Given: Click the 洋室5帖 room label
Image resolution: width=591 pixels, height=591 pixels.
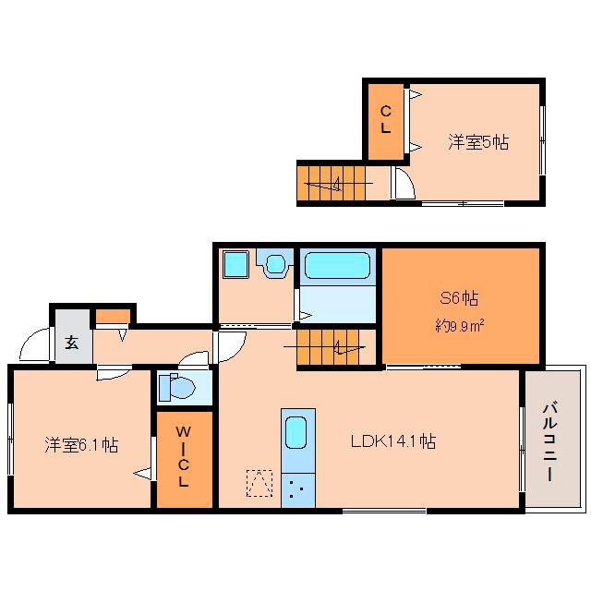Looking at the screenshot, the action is click(478, 142).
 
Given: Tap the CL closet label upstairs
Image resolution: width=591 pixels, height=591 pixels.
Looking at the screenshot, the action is click(385, 119).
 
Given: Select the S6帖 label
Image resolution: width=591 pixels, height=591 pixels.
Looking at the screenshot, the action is click(459, 298).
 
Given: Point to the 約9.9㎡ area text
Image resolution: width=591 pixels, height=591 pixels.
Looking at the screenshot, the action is click(460, 325).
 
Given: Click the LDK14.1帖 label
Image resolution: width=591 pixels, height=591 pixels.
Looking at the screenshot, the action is click(393, 441).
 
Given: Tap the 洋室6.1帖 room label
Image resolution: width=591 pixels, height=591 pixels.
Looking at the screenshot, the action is click(81, 445).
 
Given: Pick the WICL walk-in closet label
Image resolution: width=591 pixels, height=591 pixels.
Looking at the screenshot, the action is click(184, 456).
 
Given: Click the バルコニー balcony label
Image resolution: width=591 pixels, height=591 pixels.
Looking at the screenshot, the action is click(550, 441).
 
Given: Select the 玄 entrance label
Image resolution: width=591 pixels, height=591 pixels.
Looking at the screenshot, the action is click(72, 343).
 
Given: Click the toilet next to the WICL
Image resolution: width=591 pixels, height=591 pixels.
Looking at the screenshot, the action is click(176, 387).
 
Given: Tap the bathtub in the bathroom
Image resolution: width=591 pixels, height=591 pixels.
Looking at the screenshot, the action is click(337, 265).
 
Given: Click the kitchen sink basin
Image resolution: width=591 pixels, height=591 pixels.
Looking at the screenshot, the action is click(295, 432).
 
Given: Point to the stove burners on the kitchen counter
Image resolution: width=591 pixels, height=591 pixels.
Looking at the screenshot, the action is click(297, 490).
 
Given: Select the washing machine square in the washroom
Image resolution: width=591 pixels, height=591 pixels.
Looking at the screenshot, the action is click(236, 264).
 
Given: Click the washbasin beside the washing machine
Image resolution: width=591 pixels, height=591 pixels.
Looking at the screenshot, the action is click(275, 264).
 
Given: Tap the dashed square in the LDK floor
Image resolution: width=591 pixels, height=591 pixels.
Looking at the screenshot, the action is click(259, 483).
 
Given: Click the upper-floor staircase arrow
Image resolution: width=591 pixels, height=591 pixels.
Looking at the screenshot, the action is click(338, 184).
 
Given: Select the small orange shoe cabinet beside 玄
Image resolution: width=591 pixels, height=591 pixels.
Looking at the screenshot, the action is click(113, 317).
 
